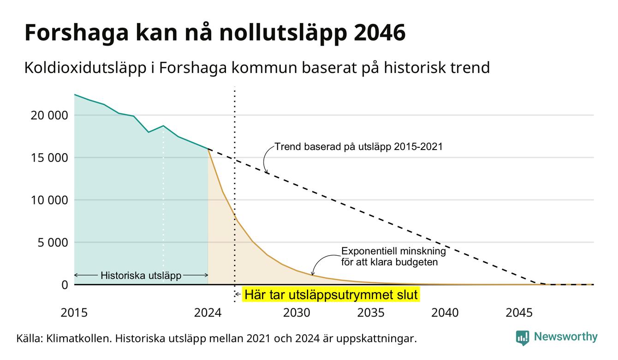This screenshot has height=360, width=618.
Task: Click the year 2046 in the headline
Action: pyautogui.click(x=380, y=33)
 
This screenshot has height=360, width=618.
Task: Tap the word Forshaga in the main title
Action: pyautogui.click(x=77, y=33)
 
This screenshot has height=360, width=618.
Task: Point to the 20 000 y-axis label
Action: pyautogui.click(x=49, y=115)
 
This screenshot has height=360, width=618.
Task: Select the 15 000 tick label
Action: pyautogui.click(x=49, y=158)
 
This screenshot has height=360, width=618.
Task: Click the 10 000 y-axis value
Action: pyautogui.click(x=49, y=200)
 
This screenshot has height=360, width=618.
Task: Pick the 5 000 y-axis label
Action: pyautogui.click(x=53, y=243)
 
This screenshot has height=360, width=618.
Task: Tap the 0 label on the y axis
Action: pyautogui.click(x=65, y=285)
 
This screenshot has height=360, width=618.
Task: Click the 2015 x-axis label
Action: pyautogui.click(x=74, y=313)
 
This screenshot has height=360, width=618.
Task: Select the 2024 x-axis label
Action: pyautogui.click(x=208, y=313)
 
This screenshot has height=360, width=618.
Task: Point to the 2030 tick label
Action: pyautogui.click(x=297, y=313)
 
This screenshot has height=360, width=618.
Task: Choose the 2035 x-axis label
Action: pyautogui.click(x=371, y=313)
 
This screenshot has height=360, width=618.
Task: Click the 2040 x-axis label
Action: pyautogui.click(x=445, y=313)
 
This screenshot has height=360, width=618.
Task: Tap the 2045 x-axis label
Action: pyautogui.click(x=519, y=313)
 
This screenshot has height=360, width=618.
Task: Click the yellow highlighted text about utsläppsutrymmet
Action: pyautogui.click(x=331, y=294)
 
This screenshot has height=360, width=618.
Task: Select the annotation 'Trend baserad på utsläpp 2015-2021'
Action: pyautogui.click(x=358, y=147)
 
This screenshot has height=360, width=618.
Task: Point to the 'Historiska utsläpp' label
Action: pyautogui.click(x=141, y=276)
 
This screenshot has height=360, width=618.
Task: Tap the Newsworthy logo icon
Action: pyautogui.click(x=523, y=338)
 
